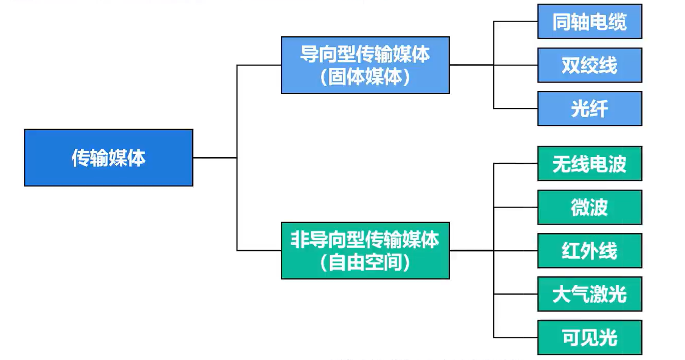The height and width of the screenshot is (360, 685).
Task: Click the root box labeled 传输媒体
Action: click(x=108, y=158)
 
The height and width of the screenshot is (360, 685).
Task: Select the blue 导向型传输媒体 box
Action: click(x=365, y=65)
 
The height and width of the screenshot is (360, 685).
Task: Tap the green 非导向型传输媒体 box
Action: click(x=365, y=251)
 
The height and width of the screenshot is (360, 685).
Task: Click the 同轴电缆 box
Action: click(x=590, y=21)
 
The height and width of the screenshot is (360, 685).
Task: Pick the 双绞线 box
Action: click(x=590, y=65)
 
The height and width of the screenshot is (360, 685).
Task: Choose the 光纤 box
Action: click(x=590, y=108)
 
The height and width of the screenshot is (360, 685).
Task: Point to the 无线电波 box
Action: click(x=590, y=164)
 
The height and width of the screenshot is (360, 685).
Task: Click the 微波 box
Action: click(x=590, y=208)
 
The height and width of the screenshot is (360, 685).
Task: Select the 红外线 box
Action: click(x=590, y=251)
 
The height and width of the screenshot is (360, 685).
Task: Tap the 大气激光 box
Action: click(x=590, y=294)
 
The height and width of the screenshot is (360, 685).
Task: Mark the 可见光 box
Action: click(x=590, y=338)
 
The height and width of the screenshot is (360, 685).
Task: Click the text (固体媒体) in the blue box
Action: click(x=365, y=77)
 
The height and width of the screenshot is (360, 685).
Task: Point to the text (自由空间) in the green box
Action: click(x=365, y=262)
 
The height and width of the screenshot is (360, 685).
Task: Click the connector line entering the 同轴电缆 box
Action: click(x=516, y=21)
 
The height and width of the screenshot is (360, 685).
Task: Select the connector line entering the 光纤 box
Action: click(x=516, y=108)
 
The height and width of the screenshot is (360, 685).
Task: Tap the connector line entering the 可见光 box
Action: click(x=516, y=338)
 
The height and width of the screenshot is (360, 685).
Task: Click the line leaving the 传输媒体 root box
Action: click(x=215, y=158)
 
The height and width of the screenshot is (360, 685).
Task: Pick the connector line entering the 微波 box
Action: click(x=516, y=208)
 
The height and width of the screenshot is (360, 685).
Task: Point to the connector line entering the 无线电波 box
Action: click(x=516, y=164)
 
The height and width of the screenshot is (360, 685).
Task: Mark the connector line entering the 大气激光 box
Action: click(x=516, y=294)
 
